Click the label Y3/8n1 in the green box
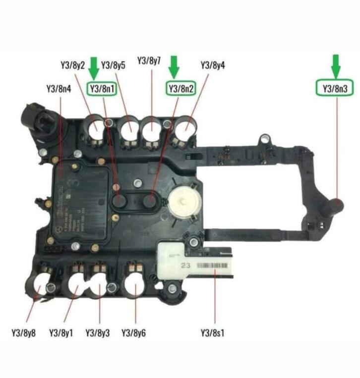point(103,89)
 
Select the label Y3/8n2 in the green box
point(180,89)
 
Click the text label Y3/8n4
point(59,89)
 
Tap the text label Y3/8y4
point(213,65)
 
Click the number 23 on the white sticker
point(186,266)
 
